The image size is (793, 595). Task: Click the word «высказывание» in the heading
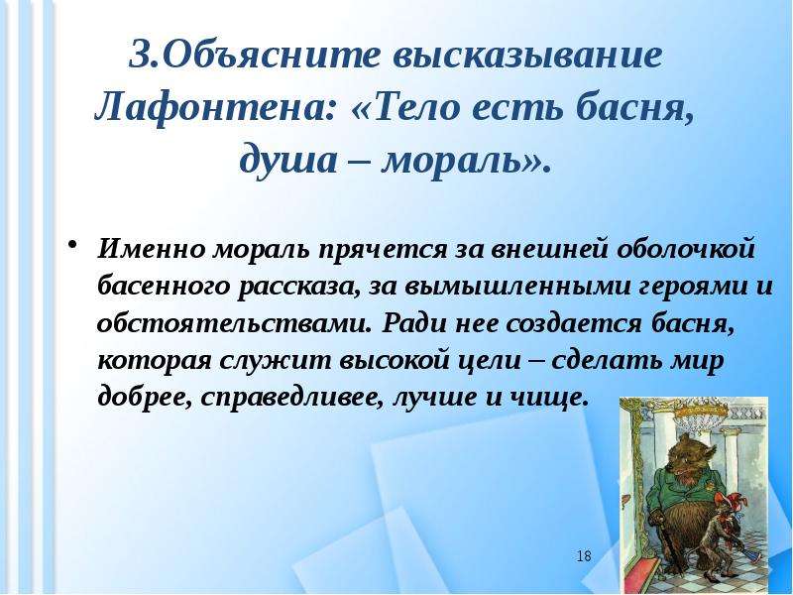click(x=528, y=55)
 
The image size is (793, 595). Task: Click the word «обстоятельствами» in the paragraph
click(x=233, y=323)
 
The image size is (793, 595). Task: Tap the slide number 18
click(x=584, y=556)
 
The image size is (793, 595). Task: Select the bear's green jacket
click(x=680, y=491)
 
